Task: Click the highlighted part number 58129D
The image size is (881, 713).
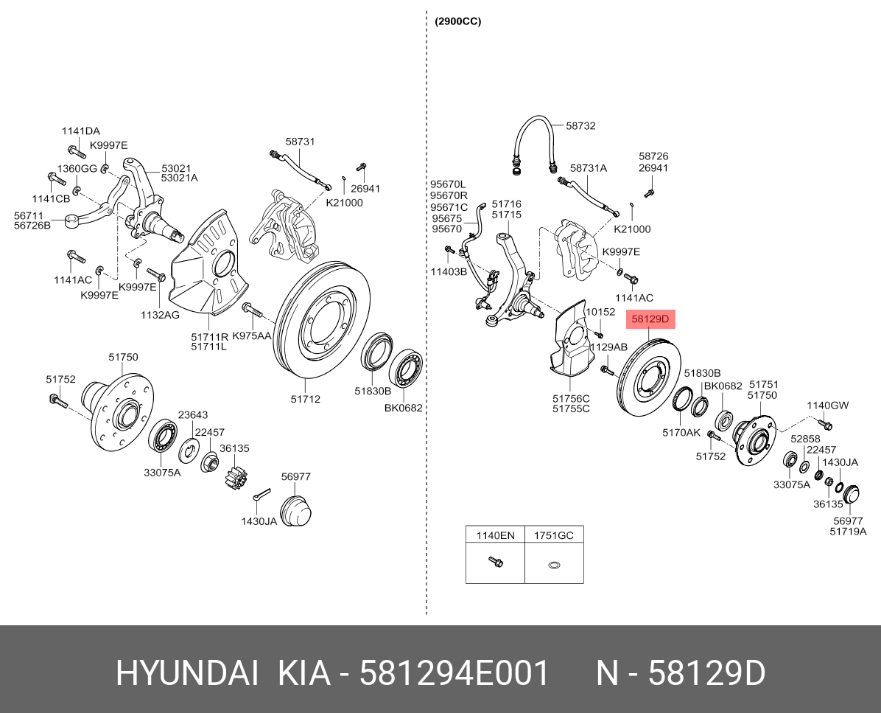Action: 650,320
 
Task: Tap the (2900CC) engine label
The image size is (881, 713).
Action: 458,21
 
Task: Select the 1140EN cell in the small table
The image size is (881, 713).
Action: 494,535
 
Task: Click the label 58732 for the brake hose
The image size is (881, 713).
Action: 580,126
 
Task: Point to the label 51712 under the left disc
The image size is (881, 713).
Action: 305,399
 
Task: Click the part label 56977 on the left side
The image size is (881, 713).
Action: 297,477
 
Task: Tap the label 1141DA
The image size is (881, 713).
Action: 80,131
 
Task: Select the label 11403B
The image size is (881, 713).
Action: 449,271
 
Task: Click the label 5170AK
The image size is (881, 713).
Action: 681,433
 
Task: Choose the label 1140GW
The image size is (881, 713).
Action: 827,406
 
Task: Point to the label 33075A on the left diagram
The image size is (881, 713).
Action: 162,472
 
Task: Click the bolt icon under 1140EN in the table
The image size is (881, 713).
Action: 495,563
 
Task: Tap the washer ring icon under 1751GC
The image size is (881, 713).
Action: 554,566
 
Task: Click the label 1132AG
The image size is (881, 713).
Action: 161,315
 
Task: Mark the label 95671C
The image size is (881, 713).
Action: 449,208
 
